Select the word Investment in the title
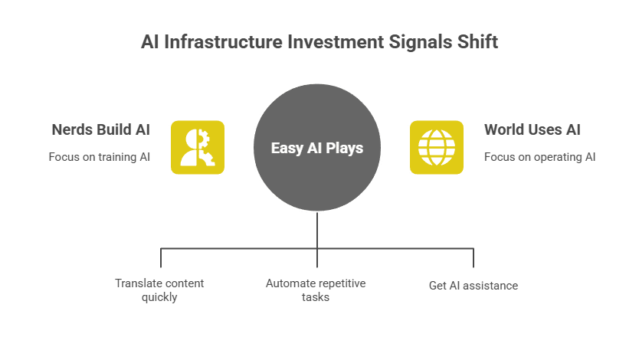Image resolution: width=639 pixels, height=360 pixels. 332,41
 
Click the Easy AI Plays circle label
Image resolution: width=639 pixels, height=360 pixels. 317,148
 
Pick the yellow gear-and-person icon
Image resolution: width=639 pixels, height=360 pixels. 197,147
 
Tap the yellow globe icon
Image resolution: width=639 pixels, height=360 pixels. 436,147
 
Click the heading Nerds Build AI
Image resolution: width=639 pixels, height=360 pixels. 100,129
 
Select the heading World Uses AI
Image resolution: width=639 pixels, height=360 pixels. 532,129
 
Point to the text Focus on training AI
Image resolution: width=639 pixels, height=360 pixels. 100,157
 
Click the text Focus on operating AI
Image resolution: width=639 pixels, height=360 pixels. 539,157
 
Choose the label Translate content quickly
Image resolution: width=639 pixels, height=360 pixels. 159,290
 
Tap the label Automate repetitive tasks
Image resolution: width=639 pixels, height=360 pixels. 316,290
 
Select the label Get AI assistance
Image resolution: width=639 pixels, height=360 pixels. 474,286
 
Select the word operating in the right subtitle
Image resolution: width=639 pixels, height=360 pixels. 550,157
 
